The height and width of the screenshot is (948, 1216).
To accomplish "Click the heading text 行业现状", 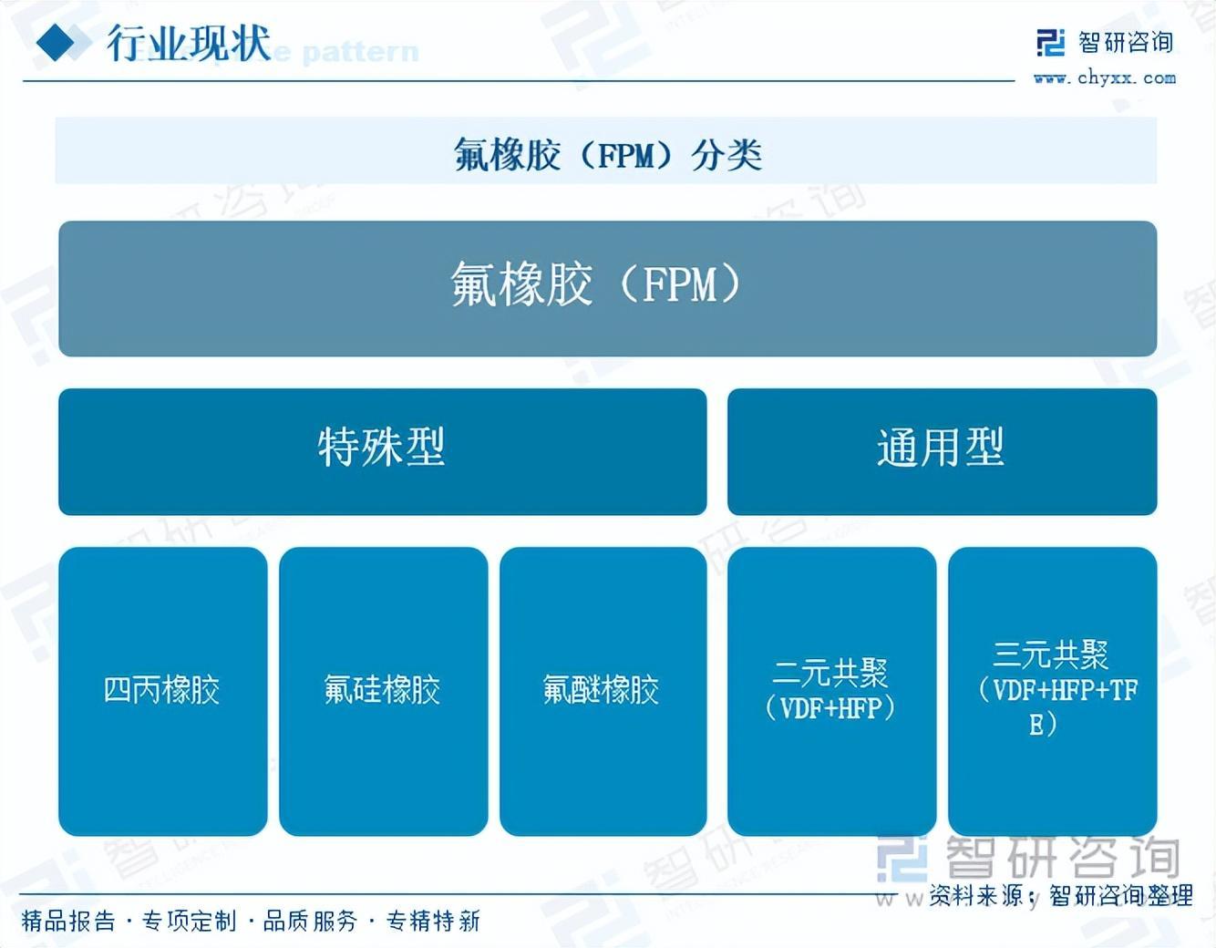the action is [189, 43].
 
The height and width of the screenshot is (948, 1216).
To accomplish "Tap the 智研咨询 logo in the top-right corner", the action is [1105, 42].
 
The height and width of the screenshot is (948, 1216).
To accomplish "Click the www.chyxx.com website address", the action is [1105, 78].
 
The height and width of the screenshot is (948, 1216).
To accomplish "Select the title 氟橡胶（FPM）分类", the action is [607, 154].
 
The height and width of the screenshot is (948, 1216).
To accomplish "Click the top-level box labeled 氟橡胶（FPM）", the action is [607, 287].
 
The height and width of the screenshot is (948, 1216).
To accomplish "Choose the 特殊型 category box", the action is [382, 450].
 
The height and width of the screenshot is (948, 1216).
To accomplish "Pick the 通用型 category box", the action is [942, 450].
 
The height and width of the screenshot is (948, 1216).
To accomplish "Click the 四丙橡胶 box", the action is [162, 690].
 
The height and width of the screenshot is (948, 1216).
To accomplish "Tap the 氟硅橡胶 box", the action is [383, 690].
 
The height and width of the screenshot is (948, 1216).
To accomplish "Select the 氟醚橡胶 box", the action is [603, 690].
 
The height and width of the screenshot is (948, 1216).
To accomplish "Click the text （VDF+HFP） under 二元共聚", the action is [830, 708].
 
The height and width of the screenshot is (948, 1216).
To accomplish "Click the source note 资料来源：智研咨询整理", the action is [1061, 897].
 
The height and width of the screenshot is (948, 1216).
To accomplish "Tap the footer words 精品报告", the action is [68, 922].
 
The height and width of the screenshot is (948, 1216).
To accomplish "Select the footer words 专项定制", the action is [190, 922].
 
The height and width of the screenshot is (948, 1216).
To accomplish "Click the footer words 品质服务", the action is [310, 922].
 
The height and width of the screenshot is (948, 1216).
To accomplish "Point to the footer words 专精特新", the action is [433, 922].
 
